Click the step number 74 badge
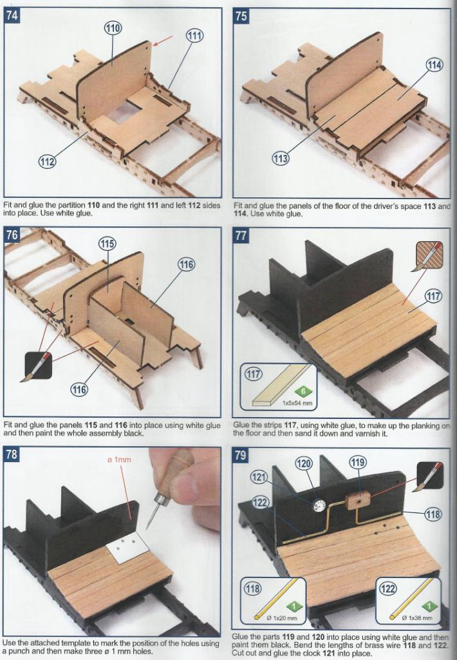(12, 15)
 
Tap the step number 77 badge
(241, 235)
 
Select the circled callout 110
(113, 28)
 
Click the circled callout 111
(194, 35)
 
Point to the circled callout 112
(48, 160)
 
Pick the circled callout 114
(434, 65)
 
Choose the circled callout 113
(281, 159)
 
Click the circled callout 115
(107, 243)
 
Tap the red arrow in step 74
(163, 41)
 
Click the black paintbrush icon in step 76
(38, 366)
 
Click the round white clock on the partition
(319, 505)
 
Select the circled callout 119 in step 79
(357, 462)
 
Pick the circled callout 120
(304, 464)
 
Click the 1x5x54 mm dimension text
(297, 403)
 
